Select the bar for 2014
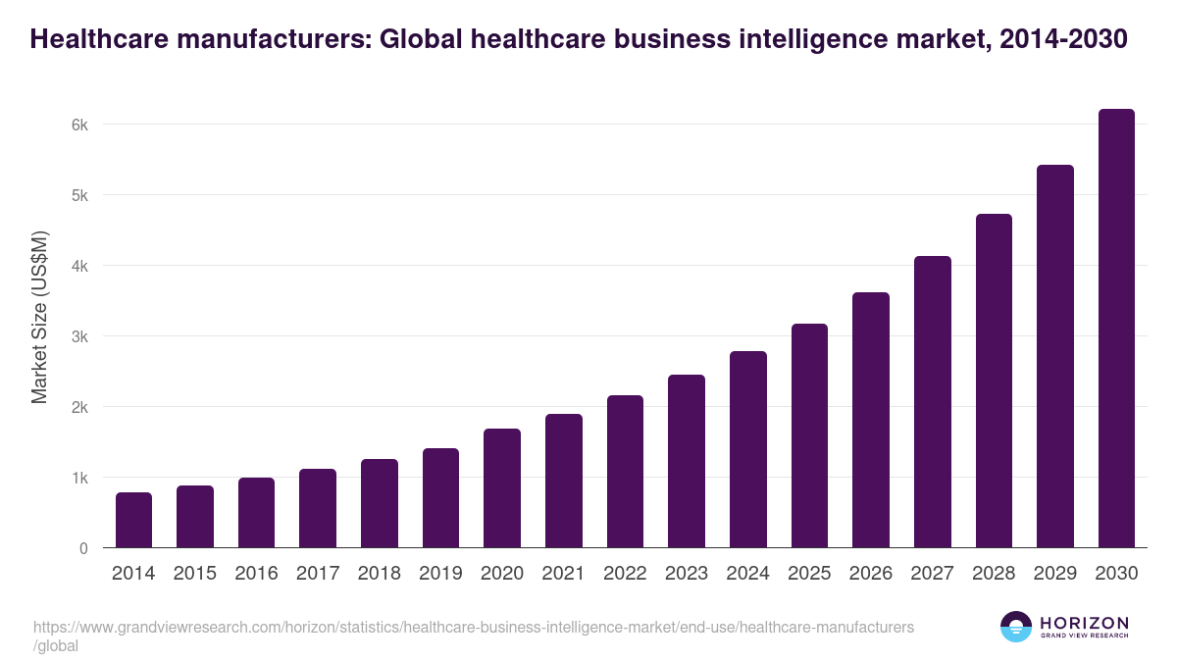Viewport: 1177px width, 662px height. pyautogui.click(x=133, y=520)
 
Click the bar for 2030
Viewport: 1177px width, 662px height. pyautogui.click(x=1116, y=329)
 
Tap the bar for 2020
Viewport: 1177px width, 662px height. pyautogui.click(x=502, y=487)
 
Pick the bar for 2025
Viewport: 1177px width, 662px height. pyautogui.click(x=809, y=435)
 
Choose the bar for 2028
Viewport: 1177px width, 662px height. pyautogui.click(x=994, y=381)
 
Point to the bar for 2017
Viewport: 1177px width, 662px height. pyautogui.click(x=318, y=508)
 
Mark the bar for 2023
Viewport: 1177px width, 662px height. pyautogui.click(x=687, y=461)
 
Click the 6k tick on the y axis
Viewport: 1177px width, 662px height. pyautogui.click(x=79, y=125)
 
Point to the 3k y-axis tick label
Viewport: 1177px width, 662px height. pyautogui.click(x=79, y=336)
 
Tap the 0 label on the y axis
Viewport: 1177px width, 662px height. pyautogui.click(x=83, y=548)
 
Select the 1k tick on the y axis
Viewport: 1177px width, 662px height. pyautogui.click(x=79, y=478)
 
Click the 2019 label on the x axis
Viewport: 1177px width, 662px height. pyautogui.click(x=440, y=574)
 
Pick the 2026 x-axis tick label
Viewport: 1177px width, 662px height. pyautogui.click(x=870, y=574)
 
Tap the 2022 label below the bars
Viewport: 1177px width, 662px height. pyautogui.click(x=625, y=574)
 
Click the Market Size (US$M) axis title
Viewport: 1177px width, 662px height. pyautogui.click(x=40, y=317)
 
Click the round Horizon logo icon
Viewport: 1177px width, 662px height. pyautogui.click(x=1016, y=627)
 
